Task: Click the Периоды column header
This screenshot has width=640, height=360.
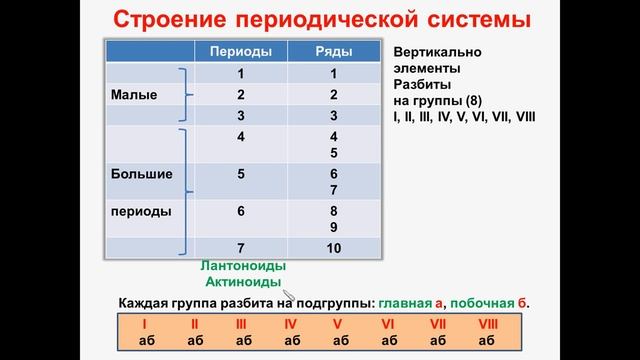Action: point(241,52)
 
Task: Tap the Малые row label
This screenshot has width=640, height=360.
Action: point(130,94)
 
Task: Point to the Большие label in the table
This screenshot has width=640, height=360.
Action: point(140,173)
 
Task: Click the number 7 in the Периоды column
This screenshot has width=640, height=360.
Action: point(241,247)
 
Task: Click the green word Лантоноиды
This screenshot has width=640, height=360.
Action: point(242,267)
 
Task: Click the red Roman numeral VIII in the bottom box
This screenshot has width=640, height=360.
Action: point(488,324)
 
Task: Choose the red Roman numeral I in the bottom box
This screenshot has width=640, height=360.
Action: point(144,324)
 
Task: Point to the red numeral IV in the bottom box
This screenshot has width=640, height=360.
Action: point(291,324)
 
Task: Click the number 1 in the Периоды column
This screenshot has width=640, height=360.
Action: point(241,73)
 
